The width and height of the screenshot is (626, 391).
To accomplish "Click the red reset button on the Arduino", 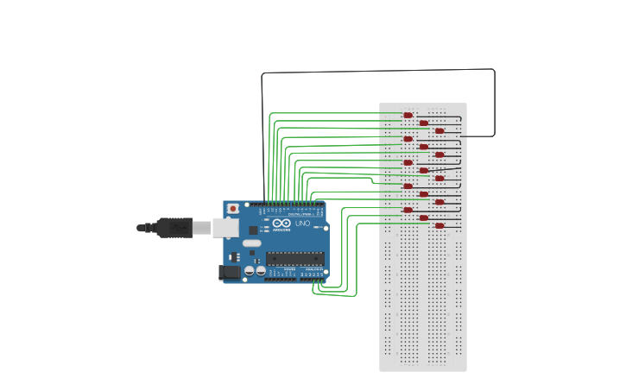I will [x=233, y=209].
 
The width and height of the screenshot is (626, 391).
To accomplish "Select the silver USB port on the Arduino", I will [x=225, y=227].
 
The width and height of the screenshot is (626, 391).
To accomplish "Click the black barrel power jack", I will [x=230, y=273].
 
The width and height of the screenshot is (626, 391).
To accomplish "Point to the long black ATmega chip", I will [x=294, y=256].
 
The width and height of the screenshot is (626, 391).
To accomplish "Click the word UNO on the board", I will [x=302, y=224].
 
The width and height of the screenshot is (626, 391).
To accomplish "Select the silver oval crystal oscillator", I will [x=251, y=243].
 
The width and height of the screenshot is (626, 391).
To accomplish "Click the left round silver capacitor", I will [x=250, y=270].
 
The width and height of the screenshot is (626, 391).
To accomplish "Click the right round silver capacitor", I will [x=260, y=270].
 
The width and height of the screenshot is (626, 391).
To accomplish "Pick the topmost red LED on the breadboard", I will [x=408, y=115].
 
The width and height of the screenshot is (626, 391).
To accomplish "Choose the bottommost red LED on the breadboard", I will [x=439, y=225].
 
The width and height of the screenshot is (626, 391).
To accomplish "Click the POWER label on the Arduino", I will [x=289, y=269].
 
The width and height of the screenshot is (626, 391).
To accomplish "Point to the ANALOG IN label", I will [x=312, y=269].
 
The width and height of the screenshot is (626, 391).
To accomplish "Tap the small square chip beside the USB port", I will [x=253, y=230].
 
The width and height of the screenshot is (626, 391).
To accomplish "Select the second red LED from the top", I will [x=423, y=123].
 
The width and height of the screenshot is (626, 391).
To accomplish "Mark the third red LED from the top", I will [x=439, y=130].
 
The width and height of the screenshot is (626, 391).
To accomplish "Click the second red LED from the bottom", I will [x=423, y=218].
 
